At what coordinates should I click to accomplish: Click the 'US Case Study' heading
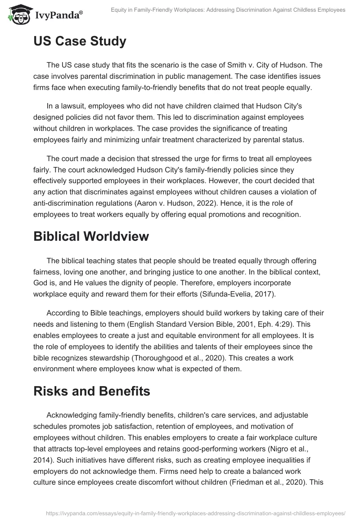(x=80, y=41)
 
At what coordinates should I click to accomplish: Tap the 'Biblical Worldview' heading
(x=91, y=237)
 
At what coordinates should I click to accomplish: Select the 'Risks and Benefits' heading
(x=92, y=391)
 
